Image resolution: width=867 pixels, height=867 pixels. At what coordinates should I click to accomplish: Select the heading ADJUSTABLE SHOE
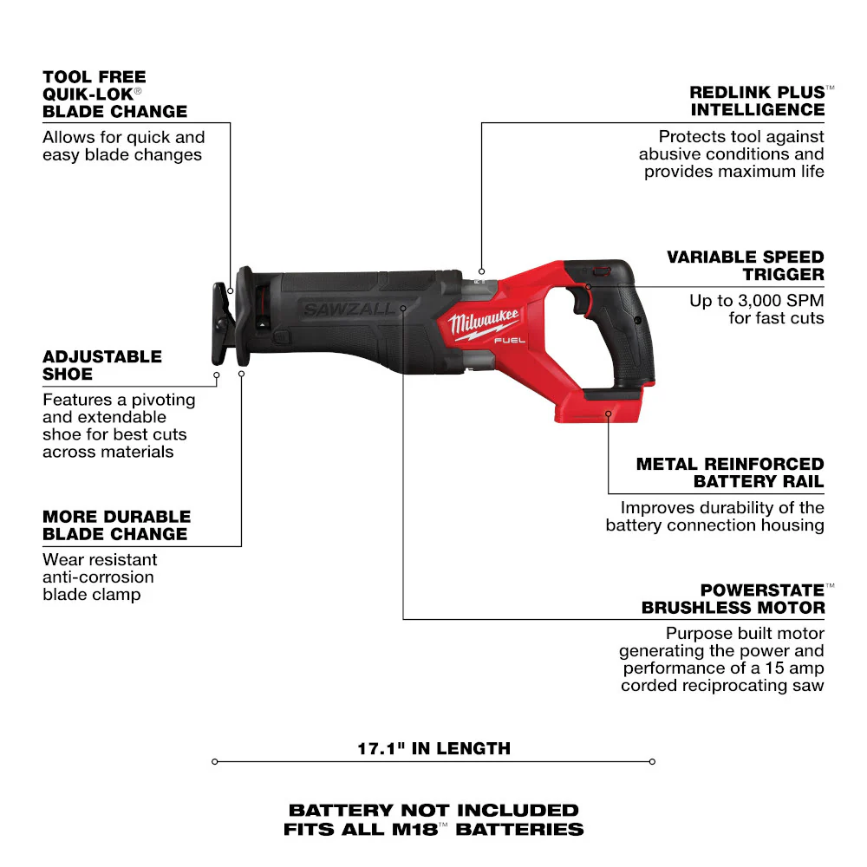(x=102, y=365)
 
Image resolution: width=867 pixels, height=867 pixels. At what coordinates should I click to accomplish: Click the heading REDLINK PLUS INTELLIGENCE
(x=757, y=101)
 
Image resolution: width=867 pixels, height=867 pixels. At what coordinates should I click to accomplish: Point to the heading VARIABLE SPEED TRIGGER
(x=745, y=265)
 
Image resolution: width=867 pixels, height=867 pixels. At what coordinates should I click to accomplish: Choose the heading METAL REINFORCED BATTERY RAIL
(x=729, y=473)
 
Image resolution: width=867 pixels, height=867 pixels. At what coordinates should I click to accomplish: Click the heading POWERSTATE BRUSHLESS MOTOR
(x=733, y=598)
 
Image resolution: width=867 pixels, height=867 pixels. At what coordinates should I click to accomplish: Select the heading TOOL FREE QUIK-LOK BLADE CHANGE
(x=114, y=94)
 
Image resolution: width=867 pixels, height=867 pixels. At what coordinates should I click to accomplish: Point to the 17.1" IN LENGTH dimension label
(x=433, y=747)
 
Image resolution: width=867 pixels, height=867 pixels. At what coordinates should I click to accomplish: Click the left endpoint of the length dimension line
(x=214, y=762)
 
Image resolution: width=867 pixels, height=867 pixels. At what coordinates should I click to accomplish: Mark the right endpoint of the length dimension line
(x=652, y=762)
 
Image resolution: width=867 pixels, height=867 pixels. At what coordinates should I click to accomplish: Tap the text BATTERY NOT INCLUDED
(x=433, y=810)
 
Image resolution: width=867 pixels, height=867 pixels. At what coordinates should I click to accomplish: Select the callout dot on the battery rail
(x=609, y=414)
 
